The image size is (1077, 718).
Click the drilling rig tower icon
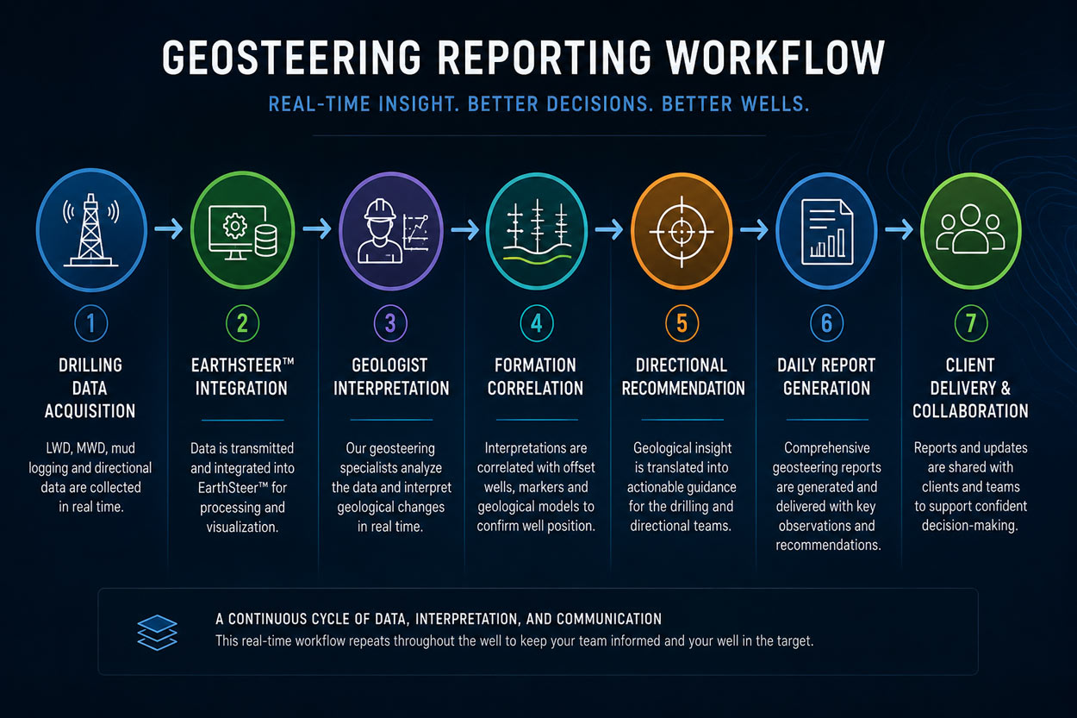[x=90, y=230]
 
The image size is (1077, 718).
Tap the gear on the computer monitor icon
[x=234, y=226]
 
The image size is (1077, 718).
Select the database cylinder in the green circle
[x=265, y=241]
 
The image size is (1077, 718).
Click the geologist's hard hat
[x=380, y=210]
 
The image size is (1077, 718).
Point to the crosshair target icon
[x=682, y=231]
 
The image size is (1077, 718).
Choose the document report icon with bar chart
[x=826, y=232]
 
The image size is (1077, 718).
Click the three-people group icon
[x=970, y=228]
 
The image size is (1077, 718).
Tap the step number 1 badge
[x=90, y=323]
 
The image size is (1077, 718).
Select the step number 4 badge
[x=537, y=323]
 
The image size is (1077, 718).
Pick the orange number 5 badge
[x=682, y=323]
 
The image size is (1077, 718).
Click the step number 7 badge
[x=971, y=323]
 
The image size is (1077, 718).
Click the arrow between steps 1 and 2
[x=168, y=229]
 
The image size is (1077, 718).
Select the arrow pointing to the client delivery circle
[x=899, y=229]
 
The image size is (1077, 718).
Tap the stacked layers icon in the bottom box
[x=157, y=633]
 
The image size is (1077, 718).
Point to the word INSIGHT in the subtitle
[x=420, y=104]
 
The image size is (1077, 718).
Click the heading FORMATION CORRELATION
[x=536, y=377]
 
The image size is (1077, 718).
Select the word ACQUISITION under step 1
[x=90, y=411]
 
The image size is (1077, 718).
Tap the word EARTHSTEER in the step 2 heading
[x=236, y=365]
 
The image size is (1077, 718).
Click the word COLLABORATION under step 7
[x=970, y=411]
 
